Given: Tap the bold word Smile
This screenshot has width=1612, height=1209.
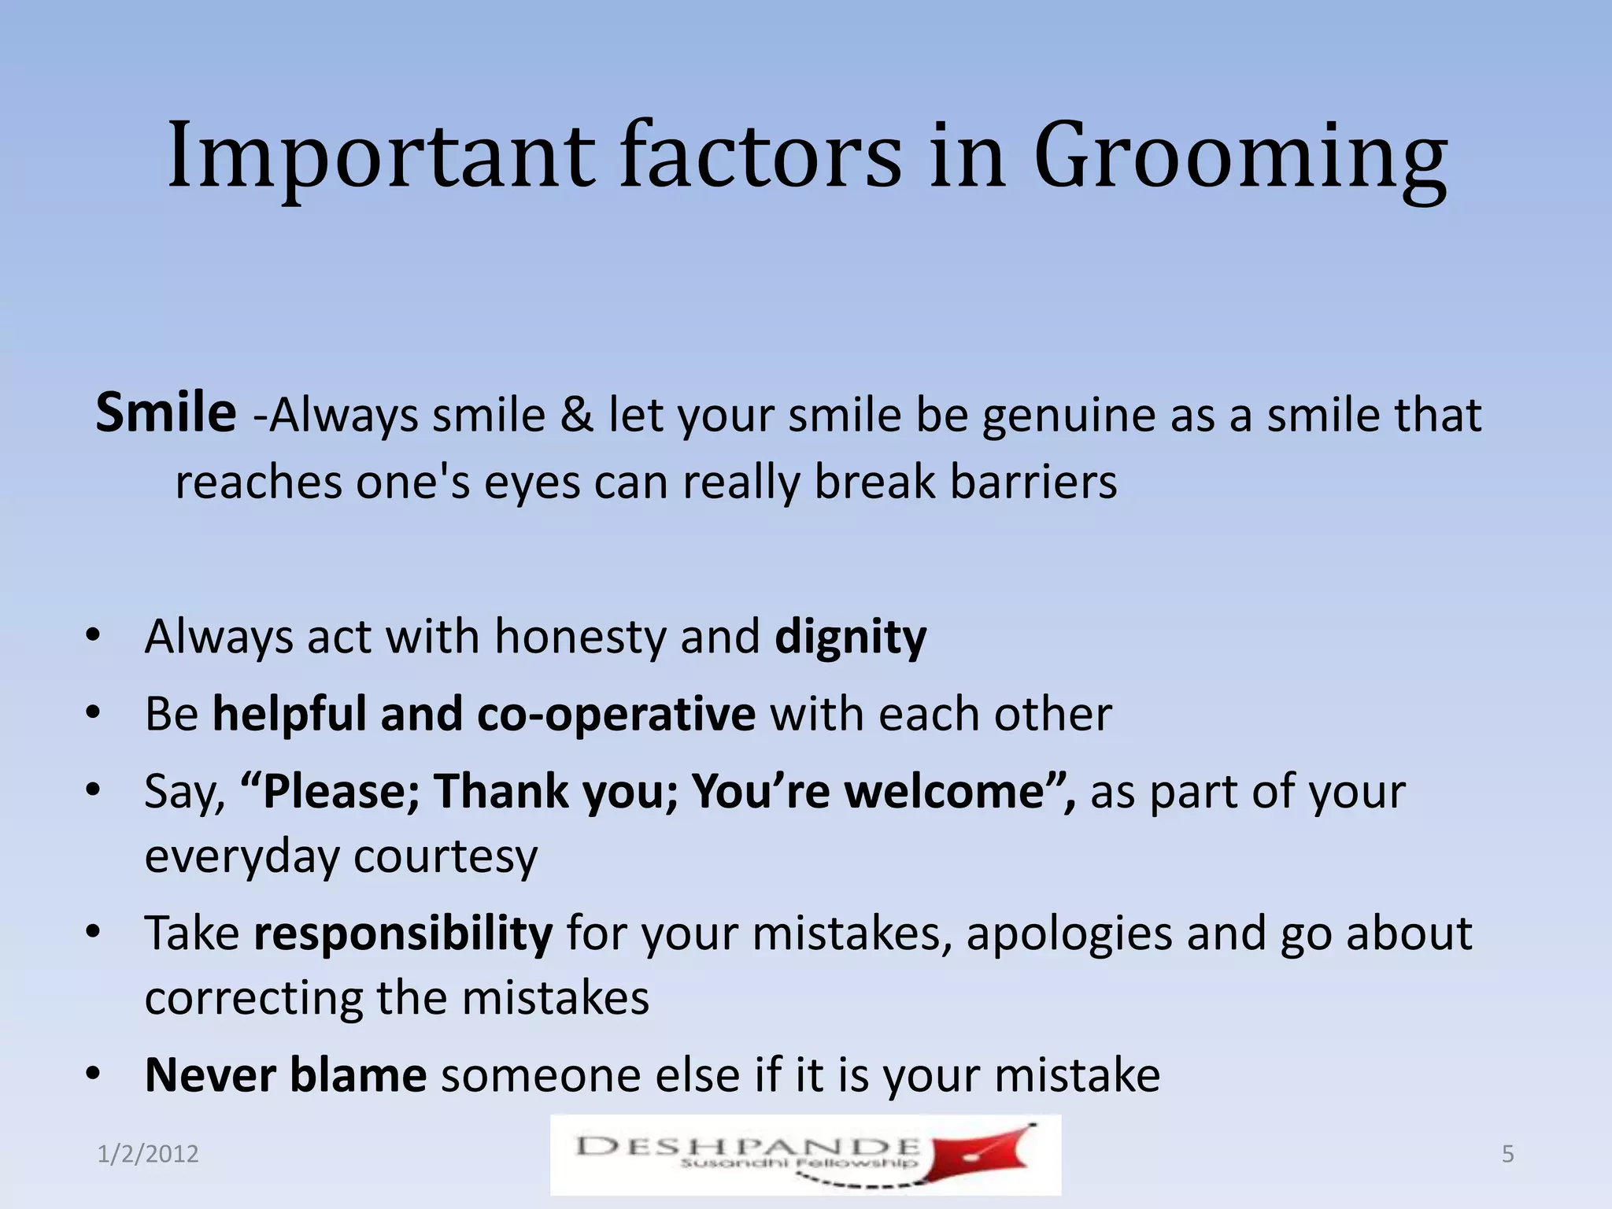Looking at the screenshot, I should [x=165, y=412].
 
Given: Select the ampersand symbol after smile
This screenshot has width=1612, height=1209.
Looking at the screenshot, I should [x=577, y=416].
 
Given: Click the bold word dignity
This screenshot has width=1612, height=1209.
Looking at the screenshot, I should [x=850, y=638].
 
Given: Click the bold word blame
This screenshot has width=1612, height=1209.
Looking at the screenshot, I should [x=358, y=1075].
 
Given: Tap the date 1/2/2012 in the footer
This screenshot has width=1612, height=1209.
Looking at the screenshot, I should [x=148, y=1155].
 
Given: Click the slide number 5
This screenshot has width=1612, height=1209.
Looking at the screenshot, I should [x=1507, y=1155].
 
